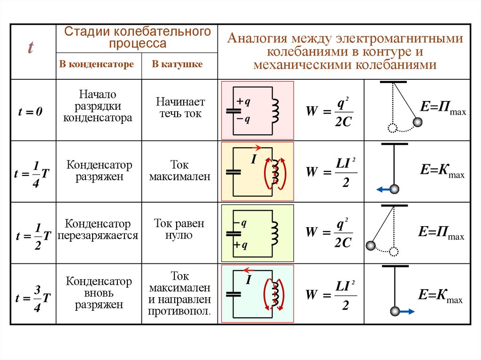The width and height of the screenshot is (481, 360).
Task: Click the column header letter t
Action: tap(31, 48)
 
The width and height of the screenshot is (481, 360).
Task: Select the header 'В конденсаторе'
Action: tap(96, 64)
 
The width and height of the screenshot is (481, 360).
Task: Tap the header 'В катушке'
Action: tap(177, 64)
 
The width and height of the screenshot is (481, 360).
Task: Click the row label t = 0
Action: tap(31, 112)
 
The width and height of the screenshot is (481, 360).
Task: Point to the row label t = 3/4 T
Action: tap(32, 298)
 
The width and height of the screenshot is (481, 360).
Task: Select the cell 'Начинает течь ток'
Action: tap(180, 107)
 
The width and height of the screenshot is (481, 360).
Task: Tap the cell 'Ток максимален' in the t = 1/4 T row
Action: tap(179, 171)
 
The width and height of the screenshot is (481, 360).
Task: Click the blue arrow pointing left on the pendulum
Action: tap(382, 190)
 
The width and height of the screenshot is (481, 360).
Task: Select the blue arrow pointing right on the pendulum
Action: tap(407, 311)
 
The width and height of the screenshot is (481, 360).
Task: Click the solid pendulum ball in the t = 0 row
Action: tap(417, 123)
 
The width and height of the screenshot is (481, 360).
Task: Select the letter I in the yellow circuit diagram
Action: tap(253, 160)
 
